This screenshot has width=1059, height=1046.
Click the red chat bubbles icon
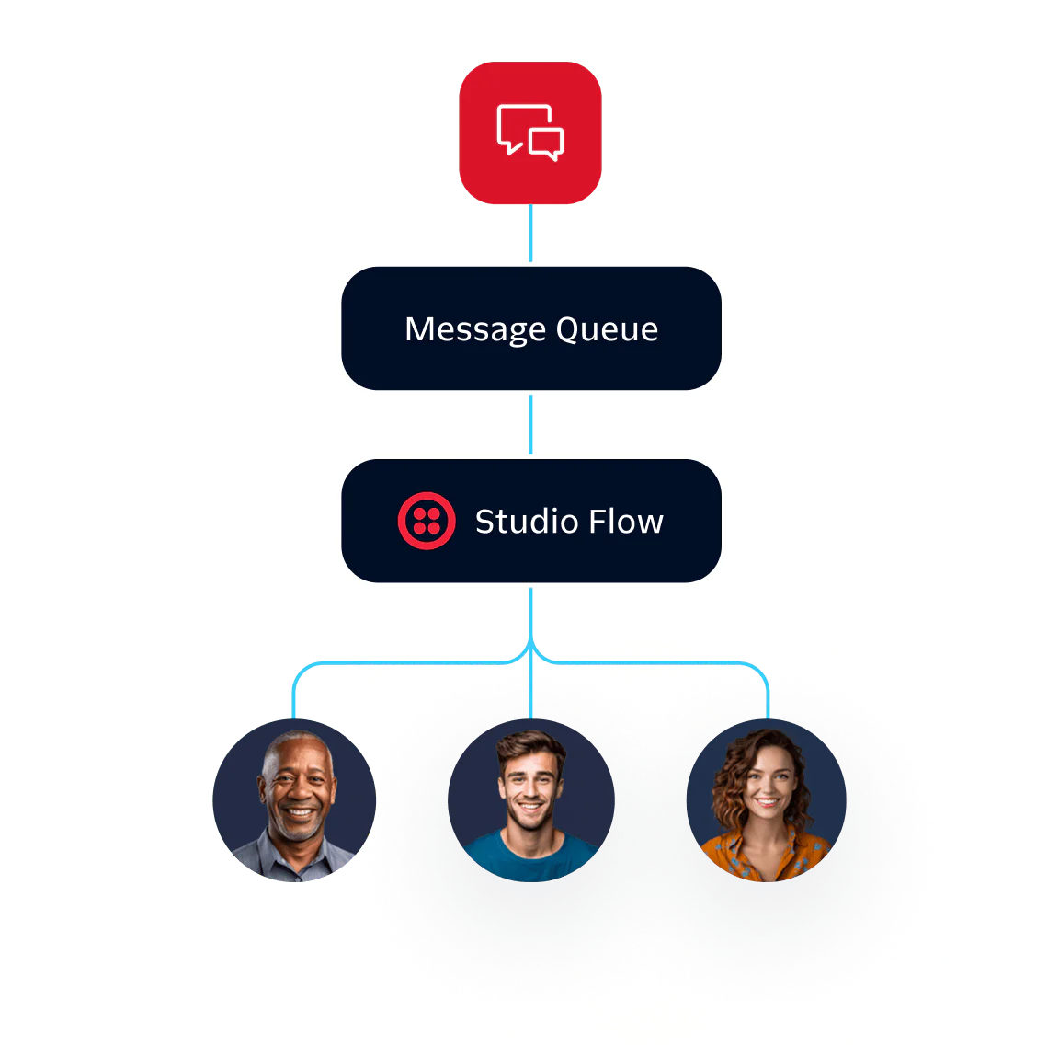(x=530, y=132)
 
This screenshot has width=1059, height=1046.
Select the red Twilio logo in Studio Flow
(x=427, y=521)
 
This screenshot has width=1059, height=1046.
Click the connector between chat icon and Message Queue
(x=530, y=234)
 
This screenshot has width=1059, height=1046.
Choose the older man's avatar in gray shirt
(x=295, y=800)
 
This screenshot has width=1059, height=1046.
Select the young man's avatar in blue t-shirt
(x=530, y=800)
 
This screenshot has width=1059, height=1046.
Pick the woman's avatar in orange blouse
(x=766, y=800)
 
